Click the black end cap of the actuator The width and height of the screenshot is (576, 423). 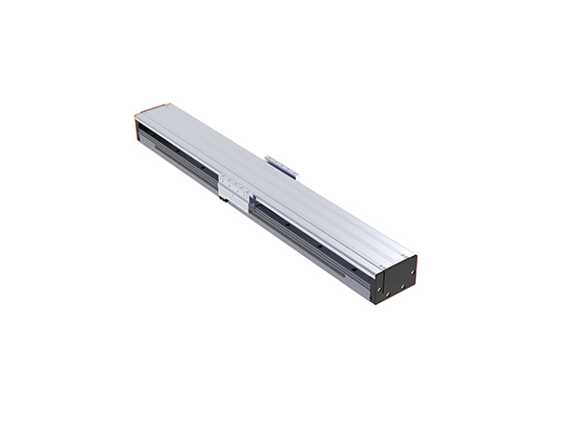click(x=395, y=278)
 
